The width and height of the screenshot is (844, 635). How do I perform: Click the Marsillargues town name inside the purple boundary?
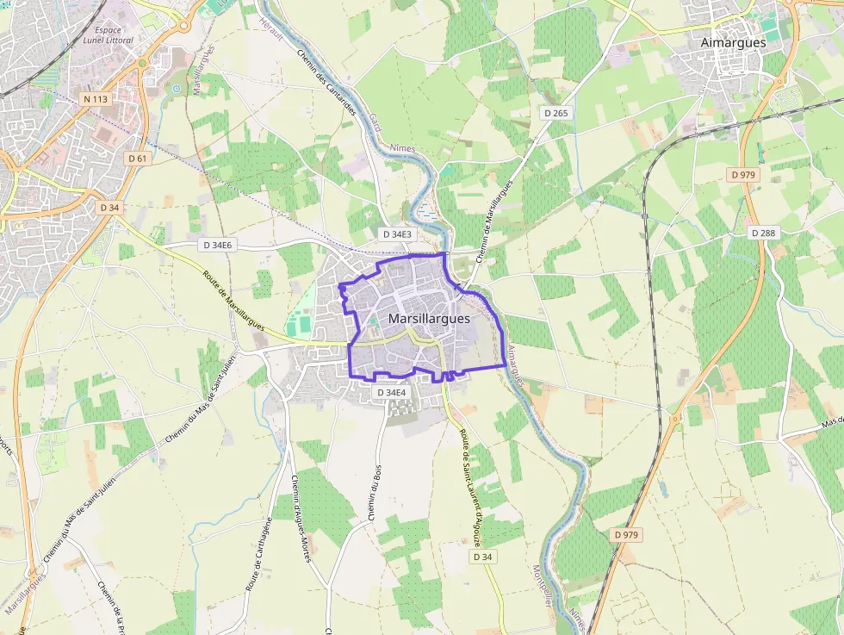(x=429, y=318)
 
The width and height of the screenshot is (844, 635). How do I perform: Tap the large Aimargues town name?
(x=733, y=42)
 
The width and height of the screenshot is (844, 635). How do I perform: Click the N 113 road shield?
(x=96, y=99)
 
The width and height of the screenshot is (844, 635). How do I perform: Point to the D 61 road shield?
(x=137, y=159)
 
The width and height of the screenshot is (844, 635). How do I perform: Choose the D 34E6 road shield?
(x=218, y=245)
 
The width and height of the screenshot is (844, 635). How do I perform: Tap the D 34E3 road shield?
(x=397, y=234)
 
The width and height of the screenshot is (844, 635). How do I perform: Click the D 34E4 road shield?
(x=391, y=393)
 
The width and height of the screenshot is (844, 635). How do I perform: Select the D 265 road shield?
(x=557, y=113)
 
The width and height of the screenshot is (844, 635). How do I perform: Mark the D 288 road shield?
(x=763, y=233)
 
